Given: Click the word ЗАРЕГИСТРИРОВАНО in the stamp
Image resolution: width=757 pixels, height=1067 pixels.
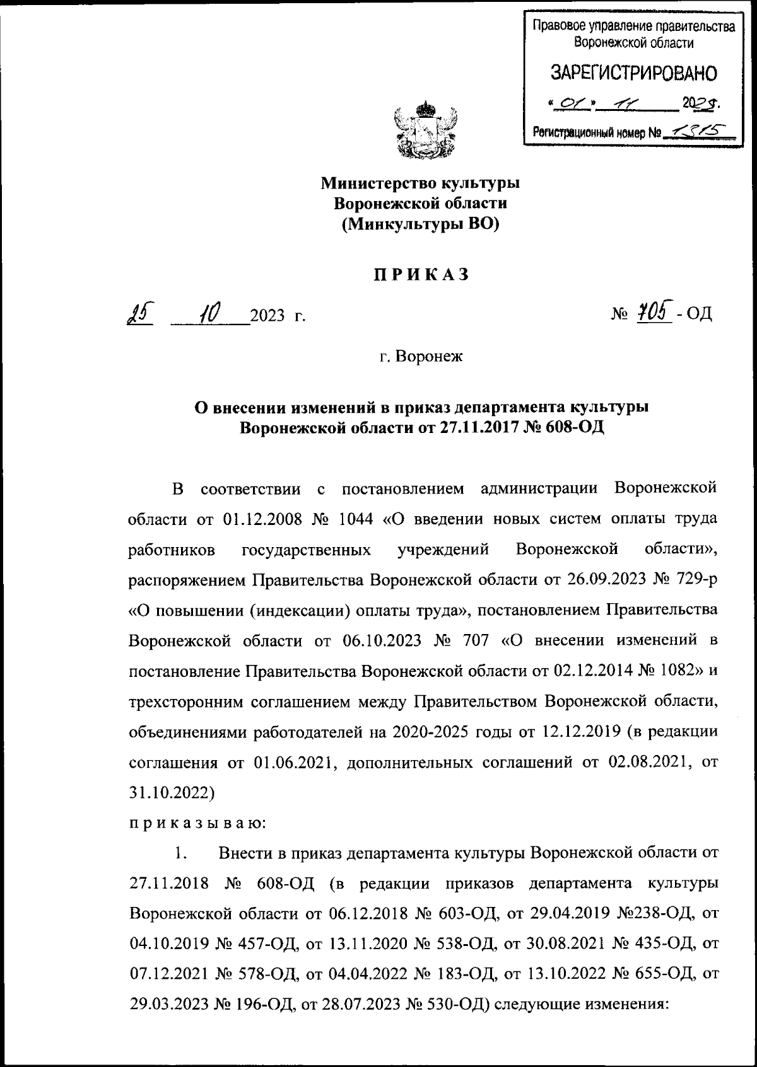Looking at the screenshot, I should pyautogui.click(x=634, y=74).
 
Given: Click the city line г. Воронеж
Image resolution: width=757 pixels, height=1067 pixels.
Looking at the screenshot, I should pyautogui.click(x=421, y=357).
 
